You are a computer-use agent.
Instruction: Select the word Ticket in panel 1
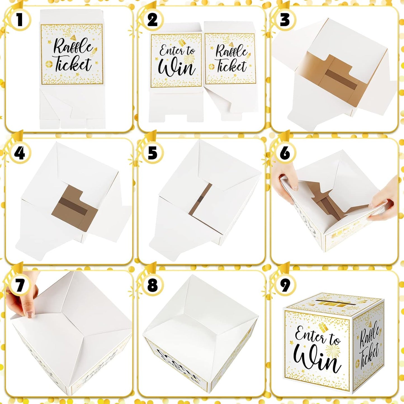73,64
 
